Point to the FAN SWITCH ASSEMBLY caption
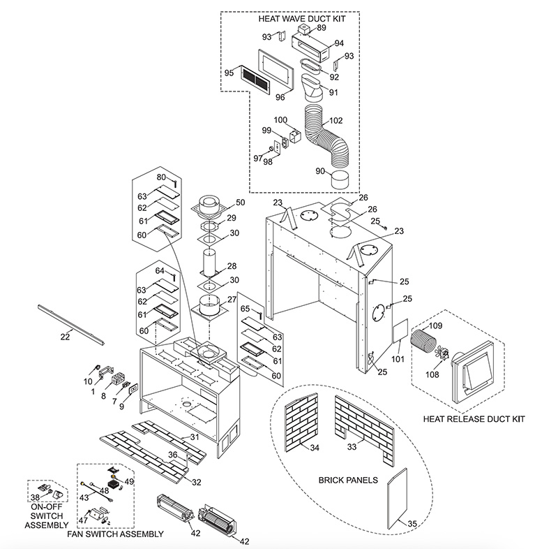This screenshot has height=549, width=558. [115, 534]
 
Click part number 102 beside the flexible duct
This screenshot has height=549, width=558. [335, 119]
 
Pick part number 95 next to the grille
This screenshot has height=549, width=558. [229, 72]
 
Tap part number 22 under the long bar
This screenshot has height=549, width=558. [66, 337]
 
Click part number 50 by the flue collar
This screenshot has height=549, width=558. [240, 203]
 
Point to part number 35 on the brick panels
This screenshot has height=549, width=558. [412, 522]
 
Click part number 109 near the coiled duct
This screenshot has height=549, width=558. [435, 326]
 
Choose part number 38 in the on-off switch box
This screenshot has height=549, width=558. [34, 498]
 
